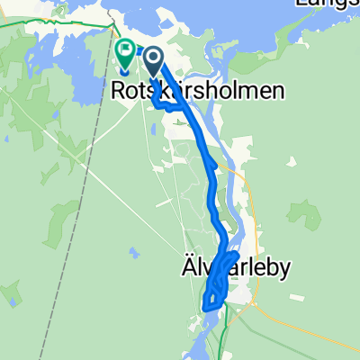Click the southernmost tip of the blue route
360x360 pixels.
(206, 308)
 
